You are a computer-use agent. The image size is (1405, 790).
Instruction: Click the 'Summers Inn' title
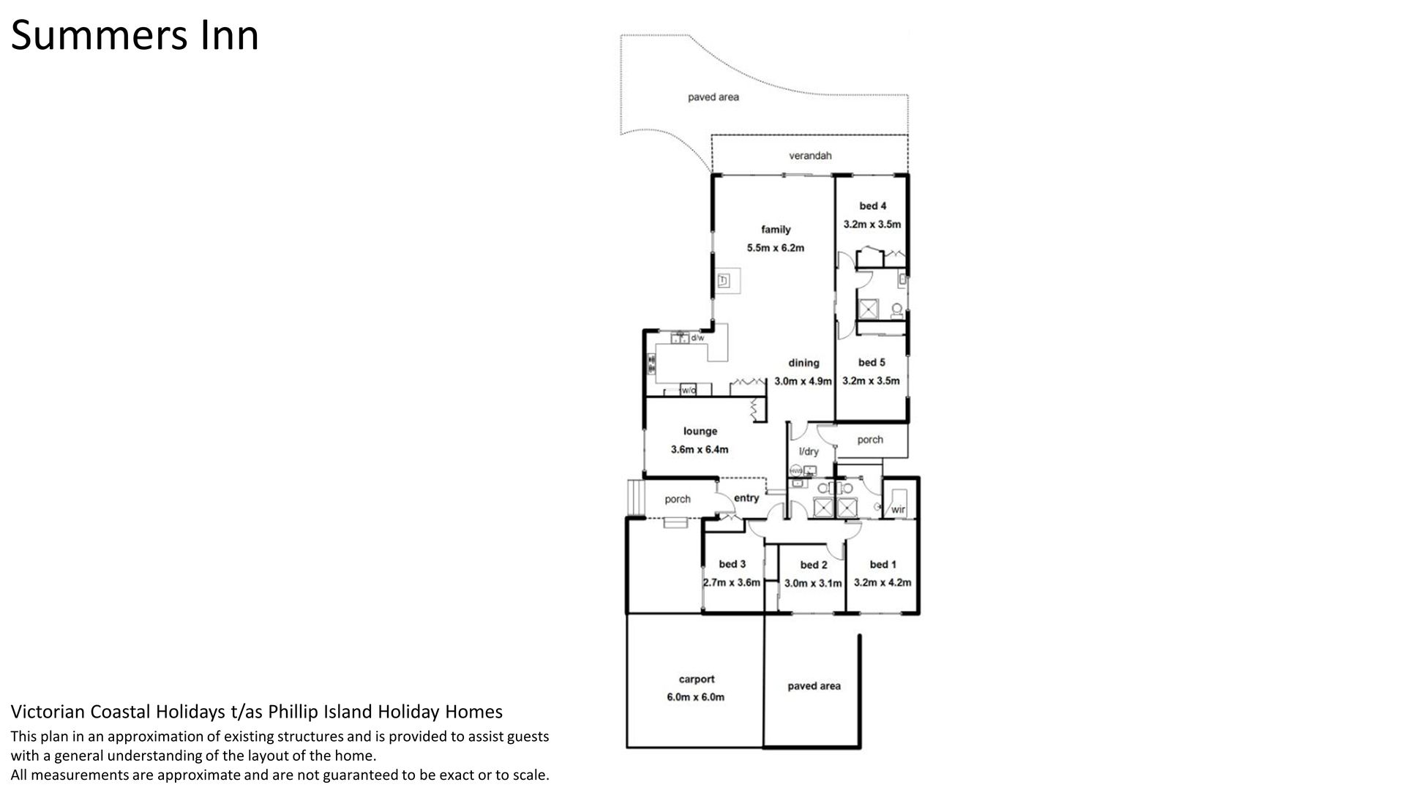pos(135,35)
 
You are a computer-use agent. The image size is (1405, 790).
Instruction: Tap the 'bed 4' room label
pos(872,206)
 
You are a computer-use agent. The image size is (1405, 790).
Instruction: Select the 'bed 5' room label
pos(872,363)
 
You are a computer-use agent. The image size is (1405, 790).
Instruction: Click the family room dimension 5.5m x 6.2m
pos(776,248)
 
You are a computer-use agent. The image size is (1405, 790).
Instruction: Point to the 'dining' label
pos(803,363)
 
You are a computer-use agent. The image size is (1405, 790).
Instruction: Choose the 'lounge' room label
pos(700,432)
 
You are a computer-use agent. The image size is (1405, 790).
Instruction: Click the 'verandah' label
pos(810,156)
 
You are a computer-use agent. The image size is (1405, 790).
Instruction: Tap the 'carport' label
pos(696,680)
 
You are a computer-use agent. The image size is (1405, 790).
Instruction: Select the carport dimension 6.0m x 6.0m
pos(696,697)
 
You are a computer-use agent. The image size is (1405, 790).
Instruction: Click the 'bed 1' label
pos(883,565)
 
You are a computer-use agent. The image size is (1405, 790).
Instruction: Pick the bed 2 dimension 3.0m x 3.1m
pos(814,583)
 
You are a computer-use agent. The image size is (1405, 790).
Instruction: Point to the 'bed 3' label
pos(733,564)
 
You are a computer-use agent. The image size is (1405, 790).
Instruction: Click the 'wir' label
pos(899,510)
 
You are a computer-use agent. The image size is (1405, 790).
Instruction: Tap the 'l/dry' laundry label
pos(809,452)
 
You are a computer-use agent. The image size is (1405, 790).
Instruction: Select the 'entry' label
pos(746,498)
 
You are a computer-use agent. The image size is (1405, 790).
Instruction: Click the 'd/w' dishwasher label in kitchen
pos(697,338)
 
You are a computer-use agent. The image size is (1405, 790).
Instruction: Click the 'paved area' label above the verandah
pos(713,97)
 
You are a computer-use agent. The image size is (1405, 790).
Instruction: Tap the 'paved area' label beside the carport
pos(814,686)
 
